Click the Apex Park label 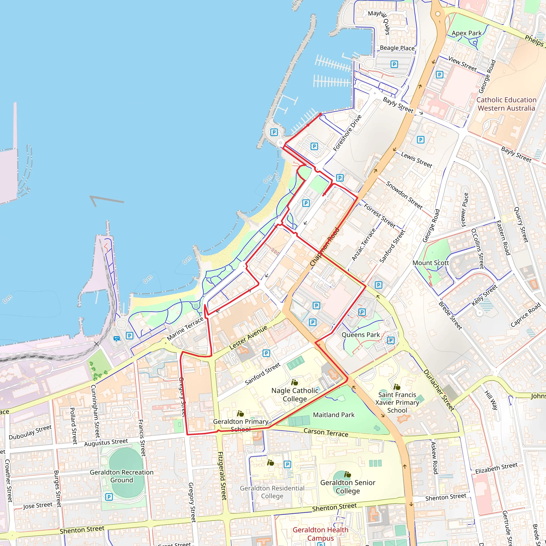[466, 33]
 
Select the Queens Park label [361, 335]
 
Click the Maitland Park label [334, 415]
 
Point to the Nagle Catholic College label [295, 395]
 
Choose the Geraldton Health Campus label [320, 534]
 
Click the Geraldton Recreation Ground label [122, 476]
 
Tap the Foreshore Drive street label [347, 133]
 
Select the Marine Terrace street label [185, 328]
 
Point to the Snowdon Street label [404, 195]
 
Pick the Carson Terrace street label [326, 432]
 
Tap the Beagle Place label [397, 48]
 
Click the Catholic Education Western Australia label [506, 104]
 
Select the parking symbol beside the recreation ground [109, 497]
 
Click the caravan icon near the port [117, 339]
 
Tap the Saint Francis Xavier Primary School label [397, 402]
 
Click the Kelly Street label [484, 296]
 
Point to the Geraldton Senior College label [348, 487]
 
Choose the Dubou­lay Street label [30, 432]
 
